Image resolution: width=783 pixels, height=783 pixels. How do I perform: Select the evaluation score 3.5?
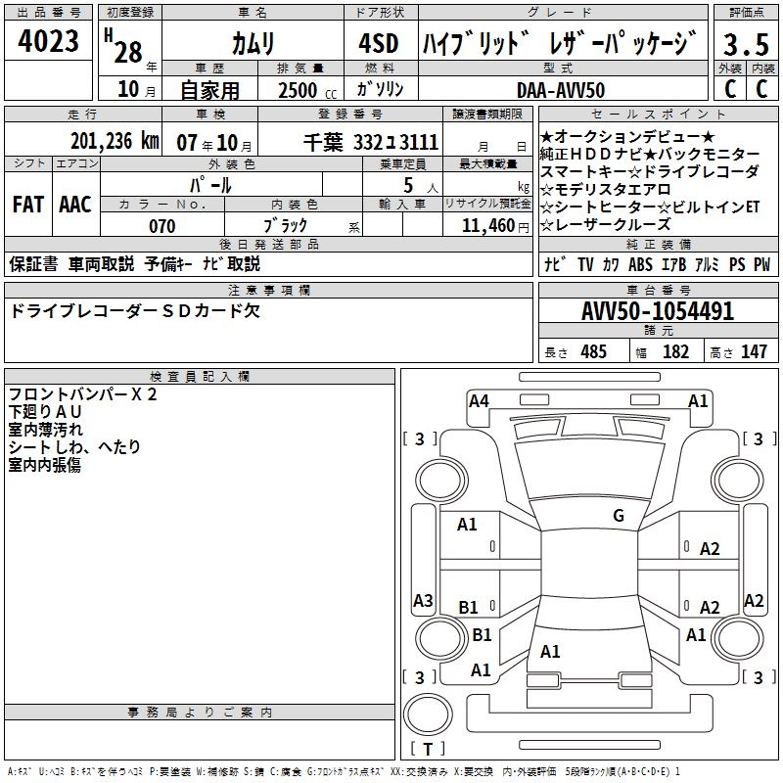(746, 44)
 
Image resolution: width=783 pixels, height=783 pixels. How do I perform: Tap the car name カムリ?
(253, 43)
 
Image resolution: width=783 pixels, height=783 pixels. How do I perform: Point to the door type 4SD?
(378, 43)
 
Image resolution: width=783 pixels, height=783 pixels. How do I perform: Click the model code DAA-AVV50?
(560, 89)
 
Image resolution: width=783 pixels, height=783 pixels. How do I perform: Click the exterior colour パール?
(210, 184)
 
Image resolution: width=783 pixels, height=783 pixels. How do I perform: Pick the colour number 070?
(161, 226)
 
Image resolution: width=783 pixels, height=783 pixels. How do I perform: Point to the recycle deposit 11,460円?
(486, 226)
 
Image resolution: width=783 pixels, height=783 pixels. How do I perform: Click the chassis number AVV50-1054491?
(658, 311)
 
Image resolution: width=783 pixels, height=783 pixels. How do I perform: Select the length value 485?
(593, 351)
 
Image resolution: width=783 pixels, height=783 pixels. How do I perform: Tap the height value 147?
(754, 351)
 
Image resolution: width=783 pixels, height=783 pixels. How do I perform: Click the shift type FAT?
(27, 205)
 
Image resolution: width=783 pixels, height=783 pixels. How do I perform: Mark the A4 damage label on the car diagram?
(479, 400)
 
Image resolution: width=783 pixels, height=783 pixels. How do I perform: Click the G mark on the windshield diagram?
(619, 516)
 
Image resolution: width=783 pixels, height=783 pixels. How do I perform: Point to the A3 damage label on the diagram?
(423, 601)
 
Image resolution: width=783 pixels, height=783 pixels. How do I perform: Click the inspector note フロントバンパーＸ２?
(82, 394)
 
